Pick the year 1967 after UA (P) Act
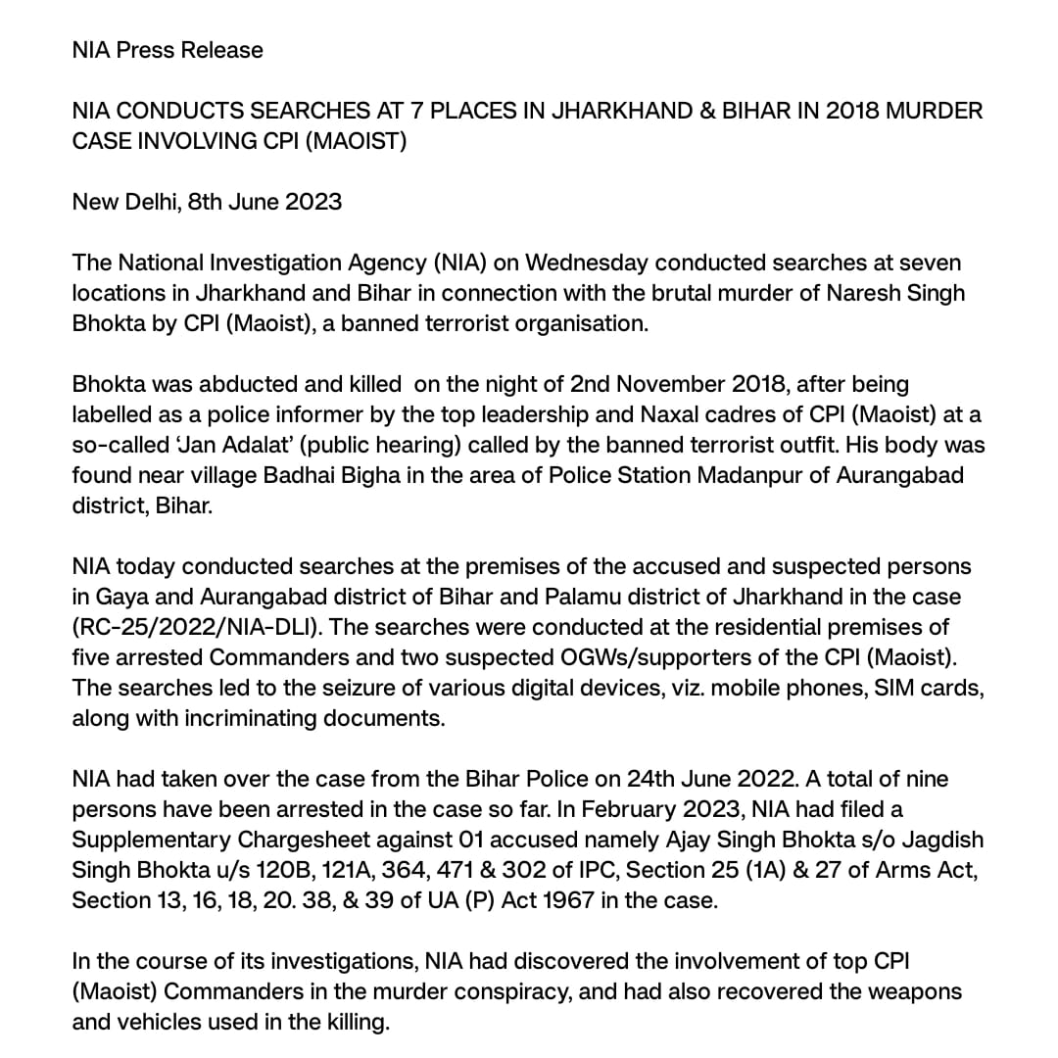click(x=551, y=901)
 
